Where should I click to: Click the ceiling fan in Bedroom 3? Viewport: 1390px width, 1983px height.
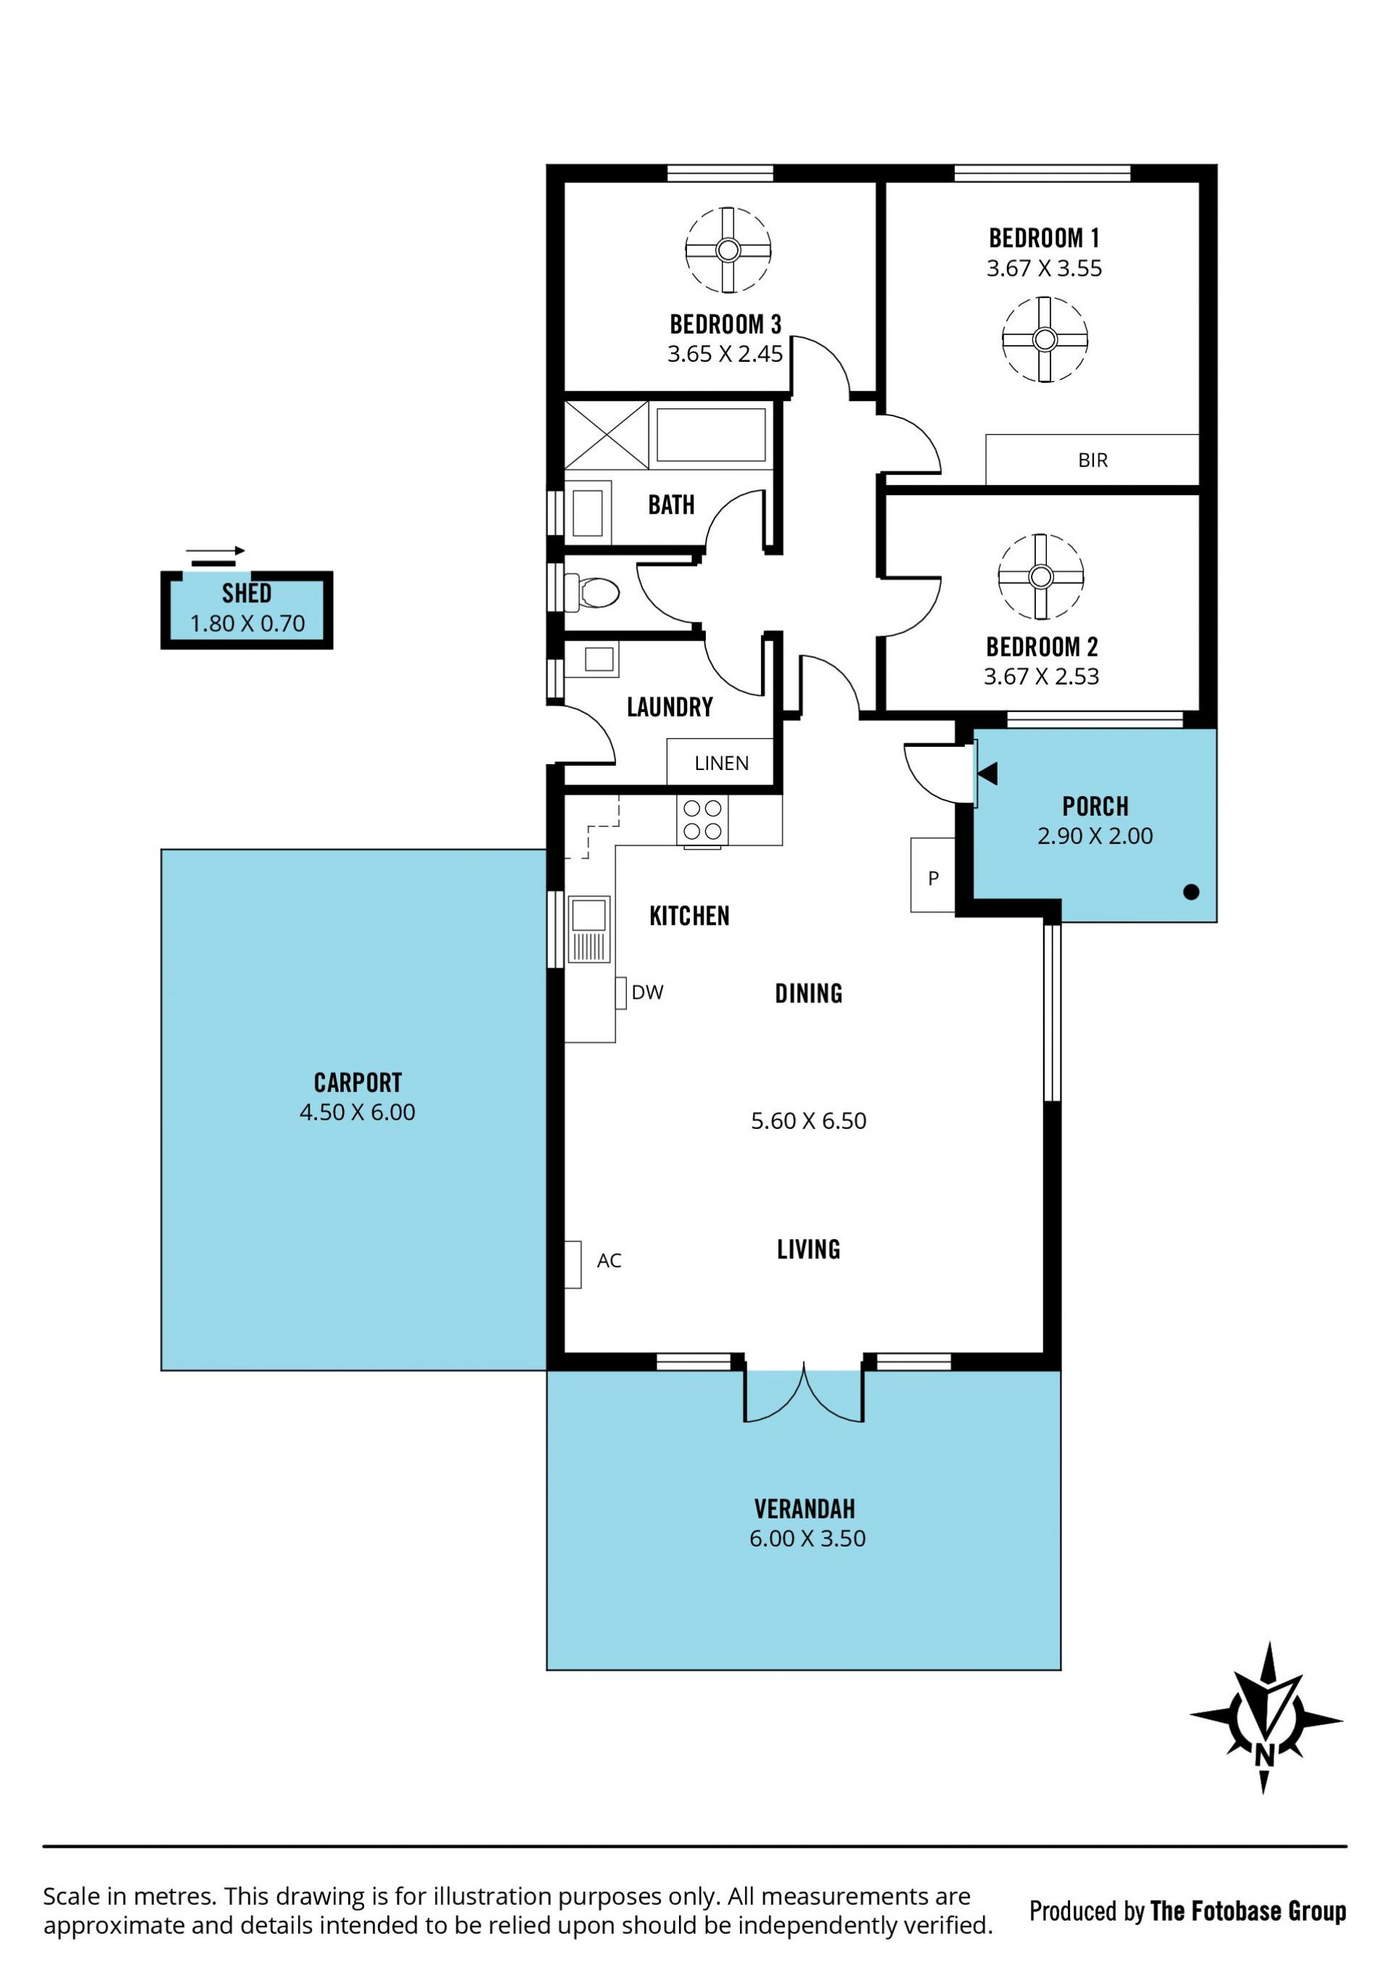coord(728,250)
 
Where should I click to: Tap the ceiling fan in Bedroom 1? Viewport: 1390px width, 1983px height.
coord(1045,339)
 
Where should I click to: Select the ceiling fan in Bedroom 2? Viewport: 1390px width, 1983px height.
coord(1040,576)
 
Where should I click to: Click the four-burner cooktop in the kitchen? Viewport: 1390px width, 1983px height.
coord(702,820)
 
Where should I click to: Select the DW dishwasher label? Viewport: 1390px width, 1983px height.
coord(647,992)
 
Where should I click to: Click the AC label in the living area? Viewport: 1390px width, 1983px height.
coord(609,1260)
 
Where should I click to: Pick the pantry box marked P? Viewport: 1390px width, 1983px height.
coord(933,875)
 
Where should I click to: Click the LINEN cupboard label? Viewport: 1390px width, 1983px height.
coord(721,764)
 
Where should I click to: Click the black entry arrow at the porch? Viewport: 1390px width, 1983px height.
coord(987,773)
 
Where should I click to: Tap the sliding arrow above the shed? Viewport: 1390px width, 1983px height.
coord(216,550)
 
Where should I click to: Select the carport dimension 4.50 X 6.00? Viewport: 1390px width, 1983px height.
coord(357,1112)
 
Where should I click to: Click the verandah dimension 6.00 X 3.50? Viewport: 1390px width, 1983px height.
coord(807,1538)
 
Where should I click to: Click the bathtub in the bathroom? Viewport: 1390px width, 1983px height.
coord(711,434)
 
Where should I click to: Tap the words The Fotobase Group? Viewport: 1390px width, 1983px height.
coord(1248,1911)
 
